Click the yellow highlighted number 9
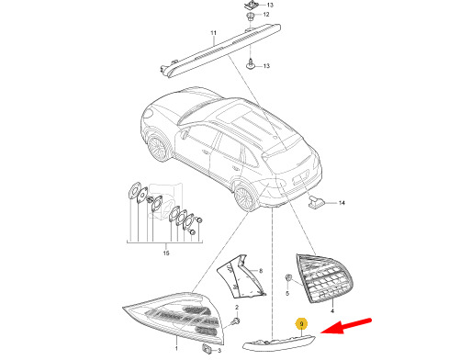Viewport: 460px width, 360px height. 302,324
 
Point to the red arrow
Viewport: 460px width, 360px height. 346,326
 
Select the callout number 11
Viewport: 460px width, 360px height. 213,33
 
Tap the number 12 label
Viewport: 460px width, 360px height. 266,15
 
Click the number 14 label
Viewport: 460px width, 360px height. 342,203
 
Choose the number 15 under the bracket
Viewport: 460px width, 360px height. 166,253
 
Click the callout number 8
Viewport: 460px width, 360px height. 261,271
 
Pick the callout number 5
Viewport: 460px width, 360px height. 287,294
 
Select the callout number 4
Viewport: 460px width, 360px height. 332,311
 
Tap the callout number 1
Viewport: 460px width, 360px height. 176,348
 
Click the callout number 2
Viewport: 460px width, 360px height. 237,307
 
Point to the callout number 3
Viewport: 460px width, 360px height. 219,351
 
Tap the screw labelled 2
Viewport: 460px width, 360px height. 236,321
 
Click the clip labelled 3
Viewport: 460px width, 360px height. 207,348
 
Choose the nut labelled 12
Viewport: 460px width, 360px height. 251,16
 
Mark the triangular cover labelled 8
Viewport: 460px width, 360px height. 240,277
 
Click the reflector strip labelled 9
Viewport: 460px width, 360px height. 278,343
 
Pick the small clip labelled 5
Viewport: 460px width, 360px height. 288,277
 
